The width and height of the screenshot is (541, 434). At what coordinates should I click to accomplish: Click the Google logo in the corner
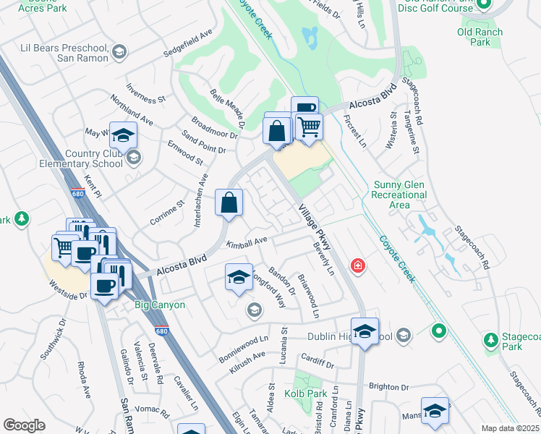[x=25, y=425]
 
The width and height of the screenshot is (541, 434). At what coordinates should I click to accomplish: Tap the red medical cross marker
[x=357, y=266]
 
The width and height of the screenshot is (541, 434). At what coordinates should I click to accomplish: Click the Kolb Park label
[x=312, y=393]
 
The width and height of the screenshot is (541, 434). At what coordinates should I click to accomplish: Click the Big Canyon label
[x=160, y=305]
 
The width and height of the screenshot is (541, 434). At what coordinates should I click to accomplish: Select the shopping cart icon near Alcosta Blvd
[x=309, y=127]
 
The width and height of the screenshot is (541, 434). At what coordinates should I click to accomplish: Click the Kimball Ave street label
[x=247, y=242]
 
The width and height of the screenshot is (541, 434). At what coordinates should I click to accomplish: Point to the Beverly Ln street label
[x=323, y=258]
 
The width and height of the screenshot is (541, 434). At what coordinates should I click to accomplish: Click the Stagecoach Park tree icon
[x=491, y=339]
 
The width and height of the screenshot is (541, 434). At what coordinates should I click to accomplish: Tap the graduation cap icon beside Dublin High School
[x=365, y=331]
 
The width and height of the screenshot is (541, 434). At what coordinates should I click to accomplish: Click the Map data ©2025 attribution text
[x=509, y=428]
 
